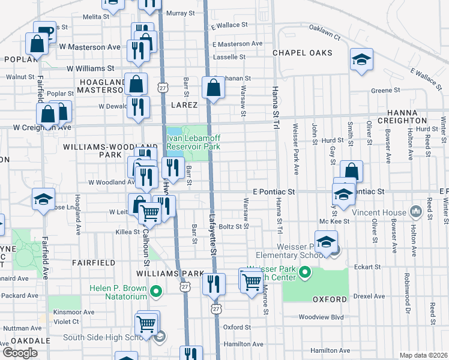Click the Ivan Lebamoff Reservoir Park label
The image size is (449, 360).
tap(193, 143)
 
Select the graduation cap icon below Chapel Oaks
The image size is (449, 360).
tap(361, 61)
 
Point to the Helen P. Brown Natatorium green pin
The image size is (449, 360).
tap(156, 292)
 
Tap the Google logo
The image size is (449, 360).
tap(20, 352)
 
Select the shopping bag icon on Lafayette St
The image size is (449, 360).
tap(213, 88)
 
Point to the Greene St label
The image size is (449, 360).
tap(385, 91)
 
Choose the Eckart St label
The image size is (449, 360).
tap(367, 267)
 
